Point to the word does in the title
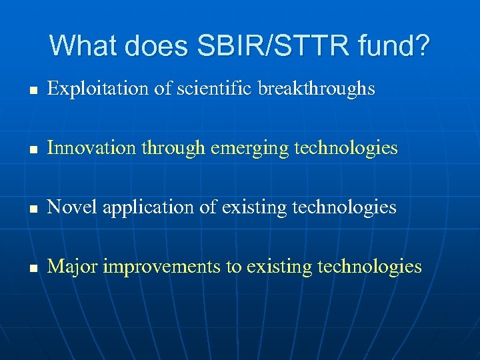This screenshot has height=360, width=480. click(x=157, y=46)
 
